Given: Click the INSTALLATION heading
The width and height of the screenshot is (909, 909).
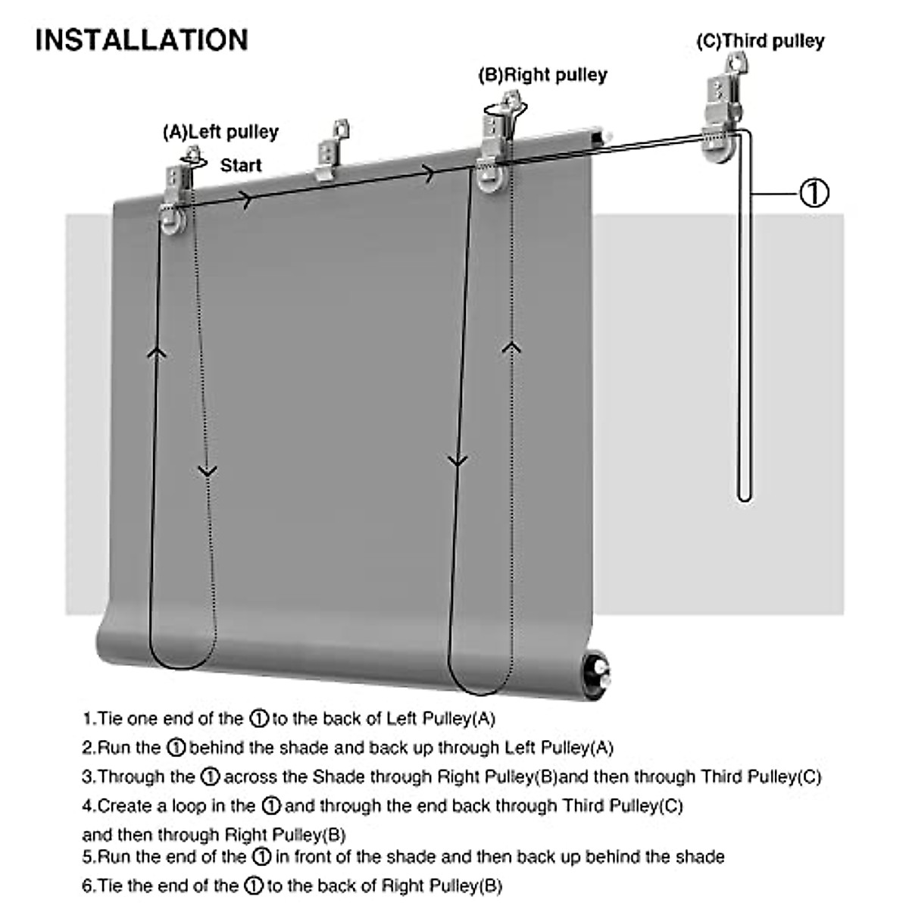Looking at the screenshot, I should [x=142, y=39].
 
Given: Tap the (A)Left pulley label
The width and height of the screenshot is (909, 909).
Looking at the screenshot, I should [x=220, y=133].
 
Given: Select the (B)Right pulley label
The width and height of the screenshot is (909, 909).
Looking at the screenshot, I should [x=542, y=75].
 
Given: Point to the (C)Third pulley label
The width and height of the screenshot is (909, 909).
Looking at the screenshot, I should [x=760, y=41].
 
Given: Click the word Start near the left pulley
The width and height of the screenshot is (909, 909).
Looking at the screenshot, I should [x=241, y=165].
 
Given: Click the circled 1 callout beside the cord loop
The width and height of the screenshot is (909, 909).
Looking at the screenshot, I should [x=814, y=193].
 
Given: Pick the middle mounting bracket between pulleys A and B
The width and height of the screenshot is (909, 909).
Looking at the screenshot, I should [x=333, y=151].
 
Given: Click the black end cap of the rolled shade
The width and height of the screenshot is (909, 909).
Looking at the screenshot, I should [x=598, y=672].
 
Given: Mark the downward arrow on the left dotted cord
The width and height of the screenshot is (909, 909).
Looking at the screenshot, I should [x=207, y=471].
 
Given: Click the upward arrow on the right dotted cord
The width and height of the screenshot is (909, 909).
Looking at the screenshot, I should [x=513, y=347].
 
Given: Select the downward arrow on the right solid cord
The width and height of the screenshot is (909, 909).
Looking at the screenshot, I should [x=457, y=460].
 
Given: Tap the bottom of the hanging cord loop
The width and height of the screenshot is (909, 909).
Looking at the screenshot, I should [x=745, y=496].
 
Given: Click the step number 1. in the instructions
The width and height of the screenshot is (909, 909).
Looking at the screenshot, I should [x=89, y=718].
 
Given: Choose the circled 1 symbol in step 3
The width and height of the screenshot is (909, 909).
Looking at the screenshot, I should [x=211, y=776].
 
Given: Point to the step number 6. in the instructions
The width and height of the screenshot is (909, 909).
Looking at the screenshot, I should [x=89, y=886].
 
